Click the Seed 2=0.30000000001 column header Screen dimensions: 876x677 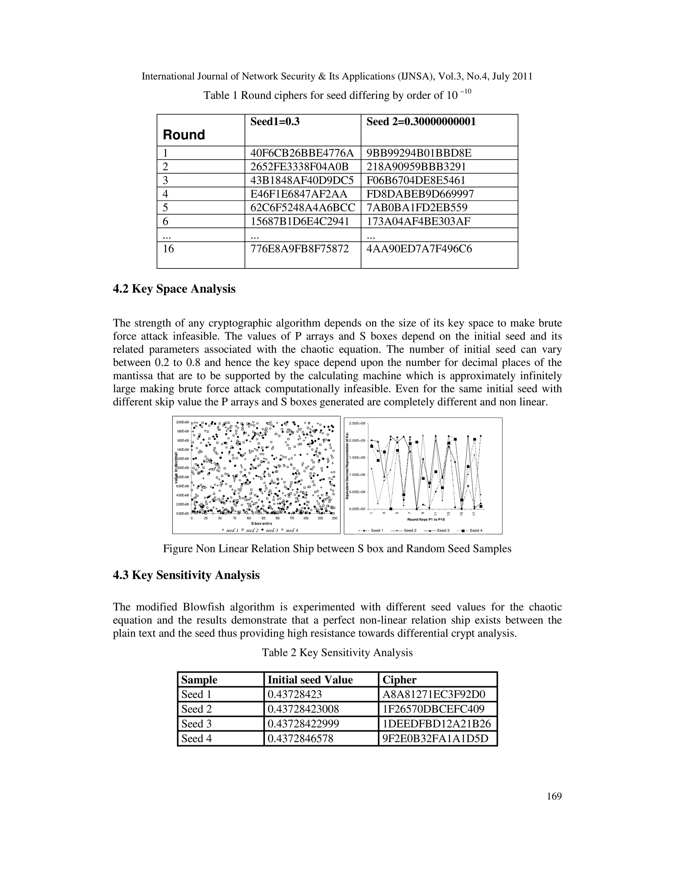click(x=421, y=122)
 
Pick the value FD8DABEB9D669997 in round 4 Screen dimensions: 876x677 click(x=420, y=194)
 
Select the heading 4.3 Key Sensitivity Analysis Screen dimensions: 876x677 click(x=186, y=575)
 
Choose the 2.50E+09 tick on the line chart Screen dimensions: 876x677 click(x=357, y=423)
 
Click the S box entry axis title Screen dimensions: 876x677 click(x=261, y=523)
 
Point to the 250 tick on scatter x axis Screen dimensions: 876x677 click(x=335, y=518)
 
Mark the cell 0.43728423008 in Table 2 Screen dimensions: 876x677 click(x=303, y=709)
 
